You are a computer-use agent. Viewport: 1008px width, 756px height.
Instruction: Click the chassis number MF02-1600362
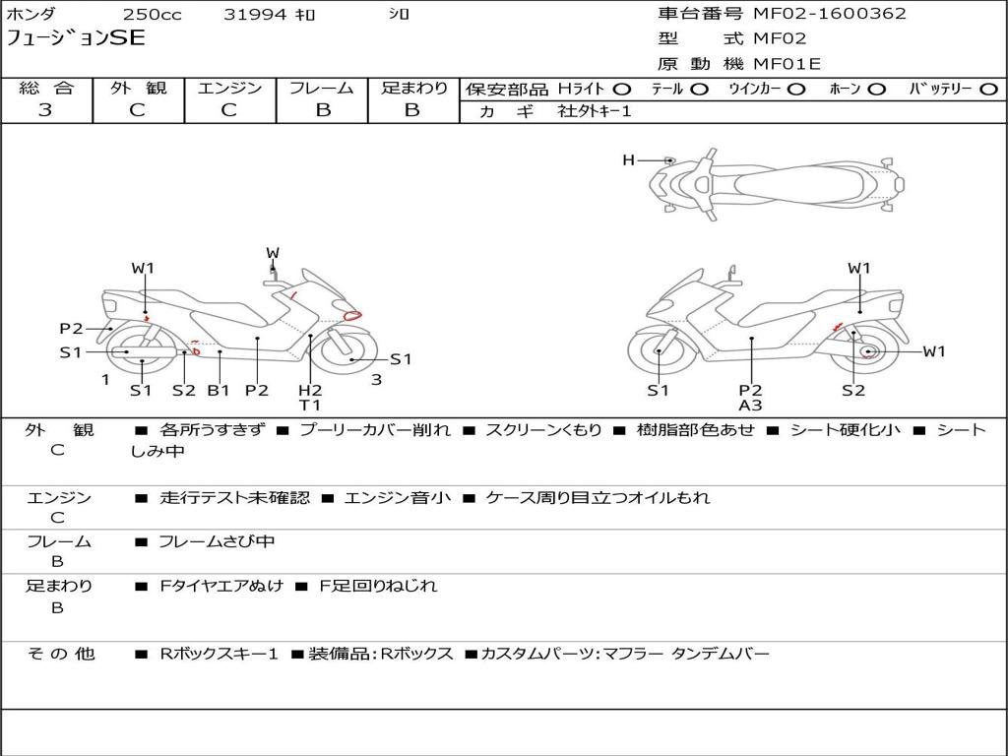[829, 13]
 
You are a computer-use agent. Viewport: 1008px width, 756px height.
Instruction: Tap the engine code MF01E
[787, 64]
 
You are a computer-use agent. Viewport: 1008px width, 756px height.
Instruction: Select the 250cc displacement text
[152, 14]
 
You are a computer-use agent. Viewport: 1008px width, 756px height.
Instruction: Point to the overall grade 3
[45, 110]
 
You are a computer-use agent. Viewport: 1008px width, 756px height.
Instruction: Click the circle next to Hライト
[621, 90]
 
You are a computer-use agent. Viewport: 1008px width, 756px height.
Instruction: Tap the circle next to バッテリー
[988, 90]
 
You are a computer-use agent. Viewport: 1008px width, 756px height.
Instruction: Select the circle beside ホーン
[877, 90]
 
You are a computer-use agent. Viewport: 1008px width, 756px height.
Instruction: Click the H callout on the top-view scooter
[628, 159]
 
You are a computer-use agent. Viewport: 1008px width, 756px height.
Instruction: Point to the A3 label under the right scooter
[750, 406]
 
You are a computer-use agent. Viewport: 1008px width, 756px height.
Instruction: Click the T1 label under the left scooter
[310, 406]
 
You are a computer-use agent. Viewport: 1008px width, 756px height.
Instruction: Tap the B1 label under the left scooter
[219, 390]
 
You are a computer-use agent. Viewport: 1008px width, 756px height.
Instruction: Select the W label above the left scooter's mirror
[273, 253]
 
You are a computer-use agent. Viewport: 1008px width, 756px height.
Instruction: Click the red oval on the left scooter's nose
[352, 315]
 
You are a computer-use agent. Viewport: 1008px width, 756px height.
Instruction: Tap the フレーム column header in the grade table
[322, 88]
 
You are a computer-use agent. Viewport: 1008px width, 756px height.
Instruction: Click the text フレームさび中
[217, 542]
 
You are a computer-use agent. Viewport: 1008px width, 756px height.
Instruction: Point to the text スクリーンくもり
[543, 430]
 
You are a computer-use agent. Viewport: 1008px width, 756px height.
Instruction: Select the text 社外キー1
[595, 111]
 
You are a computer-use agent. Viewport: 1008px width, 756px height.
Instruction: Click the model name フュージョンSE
[76, 38]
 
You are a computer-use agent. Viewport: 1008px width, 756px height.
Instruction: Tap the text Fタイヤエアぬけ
[221, 586]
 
